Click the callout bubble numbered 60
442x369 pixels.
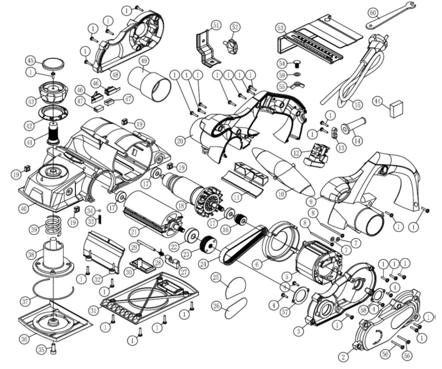pos(373,13)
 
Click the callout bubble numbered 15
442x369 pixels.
pos(357,105)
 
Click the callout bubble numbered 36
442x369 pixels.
pos(24,339)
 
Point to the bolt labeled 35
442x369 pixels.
pos(53,349)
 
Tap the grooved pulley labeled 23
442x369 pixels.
pos(206,245)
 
